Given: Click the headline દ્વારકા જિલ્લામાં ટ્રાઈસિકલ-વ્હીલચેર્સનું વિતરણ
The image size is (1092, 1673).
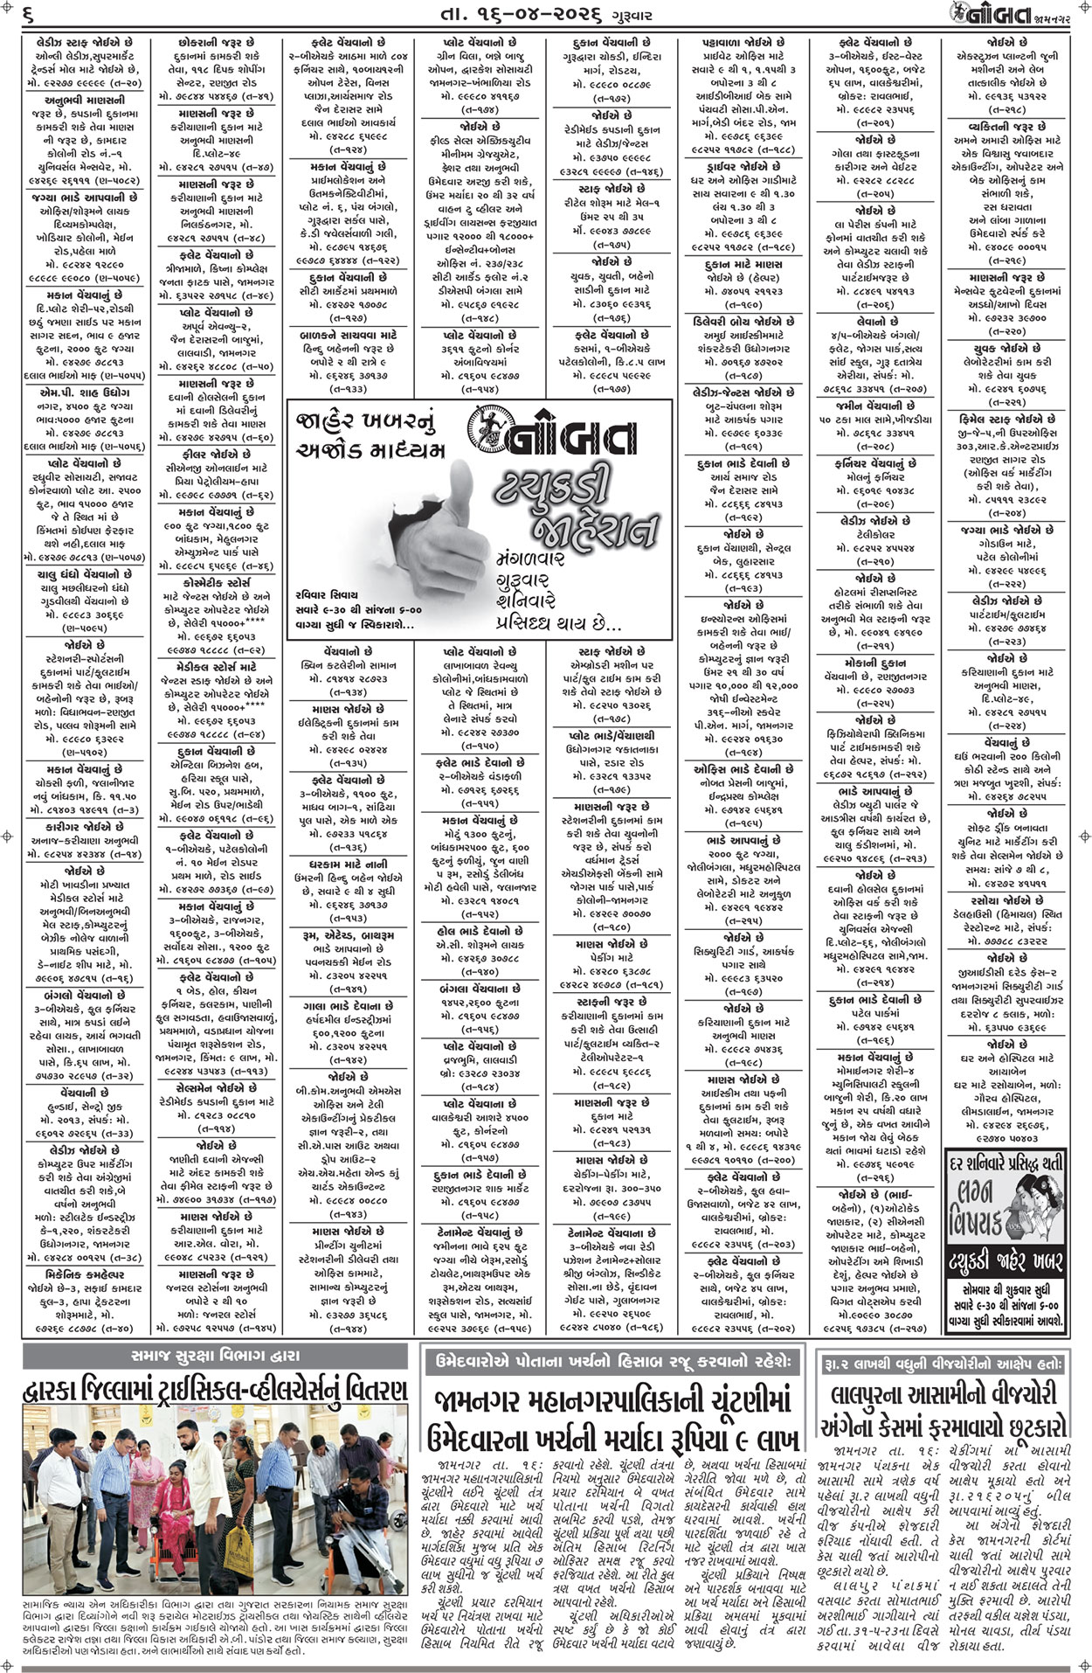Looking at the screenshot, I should (215, 1391).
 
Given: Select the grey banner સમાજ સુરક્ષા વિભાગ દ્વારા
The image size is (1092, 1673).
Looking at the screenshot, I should (215, 1357).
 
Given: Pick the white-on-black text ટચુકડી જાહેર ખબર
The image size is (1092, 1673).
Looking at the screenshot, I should (1006, 1261).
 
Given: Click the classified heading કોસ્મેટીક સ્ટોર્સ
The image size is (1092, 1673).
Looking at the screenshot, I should (216, 582).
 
